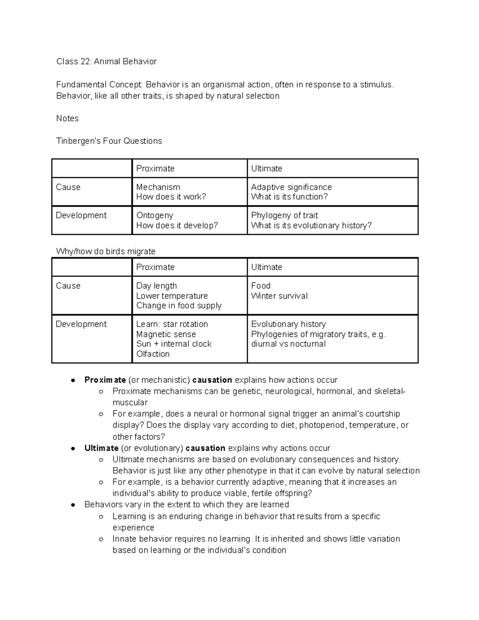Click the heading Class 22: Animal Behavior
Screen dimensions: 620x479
(x=106, y=61)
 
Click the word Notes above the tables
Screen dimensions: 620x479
(x=67, y=118)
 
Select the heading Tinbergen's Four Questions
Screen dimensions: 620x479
(x=109, y=141)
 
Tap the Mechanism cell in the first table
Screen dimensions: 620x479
(x=158, y=187)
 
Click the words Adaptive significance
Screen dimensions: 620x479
(x=291, y=187)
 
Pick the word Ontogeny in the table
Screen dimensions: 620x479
(x=154, y=215)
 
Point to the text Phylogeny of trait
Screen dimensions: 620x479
(x=284, y=215)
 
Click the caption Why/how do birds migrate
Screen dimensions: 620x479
(x=106, y=252)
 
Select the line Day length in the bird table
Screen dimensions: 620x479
(x=156, y=286)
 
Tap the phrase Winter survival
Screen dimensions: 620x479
(x=279, y=296)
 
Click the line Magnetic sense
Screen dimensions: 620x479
(x=166, y=334)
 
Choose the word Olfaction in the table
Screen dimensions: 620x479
(x=152, y=354)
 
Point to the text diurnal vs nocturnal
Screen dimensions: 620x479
(x=288, y=344)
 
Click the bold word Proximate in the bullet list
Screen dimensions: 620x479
(x=105, y=380)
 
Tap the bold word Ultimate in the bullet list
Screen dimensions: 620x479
(x=101, y=448)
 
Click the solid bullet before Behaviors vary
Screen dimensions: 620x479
(x=73, y=505)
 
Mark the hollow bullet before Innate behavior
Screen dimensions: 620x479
(x=101, y=539)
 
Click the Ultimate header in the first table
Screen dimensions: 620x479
(x=266, y=168)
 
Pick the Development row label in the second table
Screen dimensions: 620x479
(x=81, y=324)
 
